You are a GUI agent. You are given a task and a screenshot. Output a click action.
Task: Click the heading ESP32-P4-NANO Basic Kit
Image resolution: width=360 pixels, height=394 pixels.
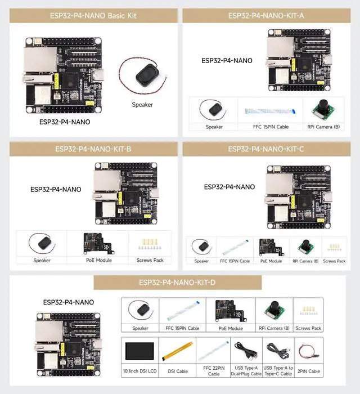[x=91, y=16]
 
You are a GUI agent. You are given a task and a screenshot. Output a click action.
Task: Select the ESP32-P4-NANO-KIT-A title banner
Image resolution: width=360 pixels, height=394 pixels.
[x=267, y=16]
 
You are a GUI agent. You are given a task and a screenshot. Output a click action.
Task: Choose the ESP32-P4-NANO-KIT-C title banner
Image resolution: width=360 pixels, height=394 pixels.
[x=266, y=149]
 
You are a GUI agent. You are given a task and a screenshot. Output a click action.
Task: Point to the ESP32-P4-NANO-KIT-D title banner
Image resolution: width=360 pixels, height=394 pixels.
[x=181, y=283]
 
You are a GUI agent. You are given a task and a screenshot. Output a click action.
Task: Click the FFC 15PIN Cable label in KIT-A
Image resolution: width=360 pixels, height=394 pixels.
[x=270, y=127]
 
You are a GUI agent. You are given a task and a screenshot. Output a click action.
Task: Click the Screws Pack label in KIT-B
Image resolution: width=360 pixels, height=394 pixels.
[x=150, y=260]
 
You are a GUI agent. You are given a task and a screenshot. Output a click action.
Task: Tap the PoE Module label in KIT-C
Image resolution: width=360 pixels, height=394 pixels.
[x=271, y=261]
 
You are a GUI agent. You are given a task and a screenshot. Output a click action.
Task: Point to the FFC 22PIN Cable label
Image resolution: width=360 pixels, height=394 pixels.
[x=214, y=370]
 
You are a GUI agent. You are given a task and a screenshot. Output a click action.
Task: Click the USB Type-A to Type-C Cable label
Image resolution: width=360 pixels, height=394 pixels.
[x=278, y=370]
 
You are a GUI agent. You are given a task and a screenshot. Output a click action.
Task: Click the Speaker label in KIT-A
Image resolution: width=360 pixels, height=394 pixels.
[x=214, y=127]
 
